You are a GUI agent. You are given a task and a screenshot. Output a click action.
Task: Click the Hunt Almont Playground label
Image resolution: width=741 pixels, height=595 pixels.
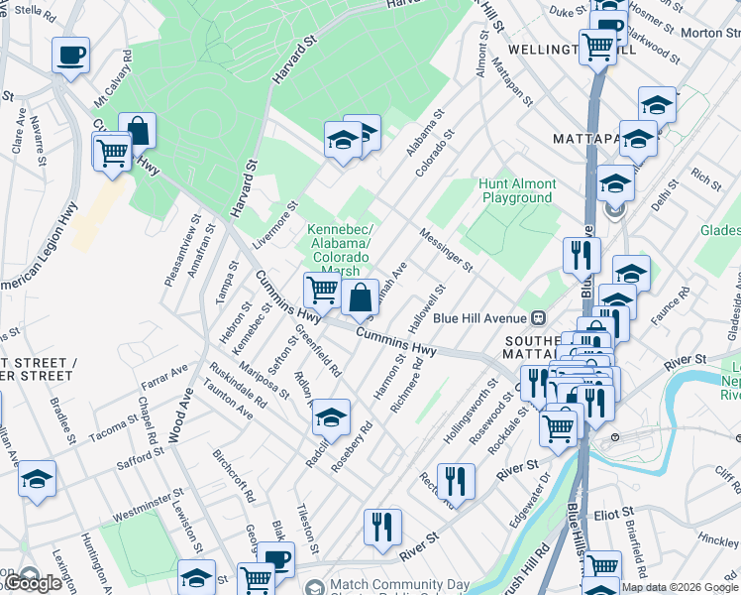(x=517, y=190)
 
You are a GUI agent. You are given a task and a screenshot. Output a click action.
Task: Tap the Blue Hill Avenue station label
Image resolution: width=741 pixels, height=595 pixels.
(x=482, y=317)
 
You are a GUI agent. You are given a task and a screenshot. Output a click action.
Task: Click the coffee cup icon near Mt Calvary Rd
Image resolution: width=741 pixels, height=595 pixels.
(x=70, y=57)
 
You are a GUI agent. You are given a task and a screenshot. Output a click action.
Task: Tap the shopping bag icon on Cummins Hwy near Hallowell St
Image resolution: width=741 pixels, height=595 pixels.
(x=360, y=297)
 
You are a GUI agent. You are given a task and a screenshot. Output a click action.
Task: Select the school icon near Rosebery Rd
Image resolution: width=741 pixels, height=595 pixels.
(x=332, y=416)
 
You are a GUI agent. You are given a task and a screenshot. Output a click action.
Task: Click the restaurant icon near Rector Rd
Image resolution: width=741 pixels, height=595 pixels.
(x=456, y=482)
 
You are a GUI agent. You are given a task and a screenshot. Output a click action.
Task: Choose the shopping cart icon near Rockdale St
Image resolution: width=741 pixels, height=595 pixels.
(x=559, y=427)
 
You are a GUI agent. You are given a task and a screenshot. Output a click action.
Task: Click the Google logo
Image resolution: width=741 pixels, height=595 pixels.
(x=33, y=583)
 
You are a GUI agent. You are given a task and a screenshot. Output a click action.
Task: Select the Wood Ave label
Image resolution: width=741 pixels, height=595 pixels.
(x=187, y=408)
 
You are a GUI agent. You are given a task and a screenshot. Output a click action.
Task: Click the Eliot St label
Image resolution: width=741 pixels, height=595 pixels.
(x=614, y=513)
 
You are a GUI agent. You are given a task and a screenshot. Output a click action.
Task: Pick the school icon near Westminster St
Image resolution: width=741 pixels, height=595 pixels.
(x=38, y=479)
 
